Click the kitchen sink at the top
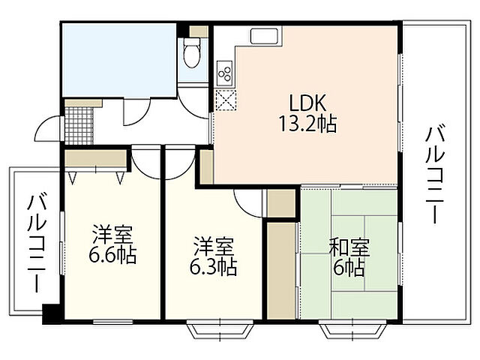(264, 37)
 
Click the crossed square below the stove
(225, 99)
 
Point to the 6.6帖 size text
(112, 256)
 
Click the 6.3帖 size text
(214, 265)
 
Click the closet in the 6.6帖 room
(95, 160)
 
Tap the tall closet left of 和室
(282, 266)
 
